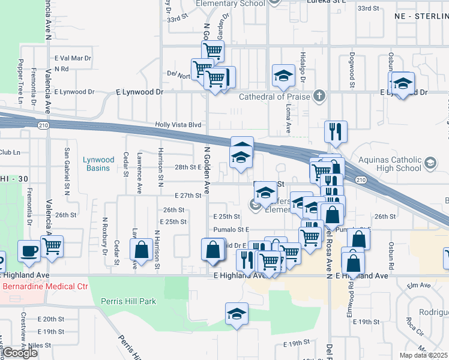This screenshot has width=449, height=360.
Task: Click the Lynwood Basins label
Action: (x=99, y=164)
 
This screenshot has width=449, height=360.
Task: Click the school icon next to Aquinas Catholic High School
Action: (x=430, y=163)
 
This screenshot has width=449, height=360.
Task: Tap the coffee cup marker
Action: (x=29, y=250)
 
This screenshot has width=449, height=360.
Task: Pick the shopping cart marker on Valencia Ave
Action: (x=52, y=245)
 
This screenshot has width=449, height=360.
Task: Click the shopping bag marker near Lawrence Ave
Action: (x=142, y=249)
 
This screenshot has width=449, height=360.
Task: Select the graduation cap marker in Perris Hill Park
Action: (x=237, y=314)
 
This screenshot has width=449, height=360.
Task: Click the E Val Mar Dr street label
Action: (x=72, y=59)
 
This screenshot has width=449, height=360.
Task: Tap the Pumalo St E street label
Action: (x=231, y=229)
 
